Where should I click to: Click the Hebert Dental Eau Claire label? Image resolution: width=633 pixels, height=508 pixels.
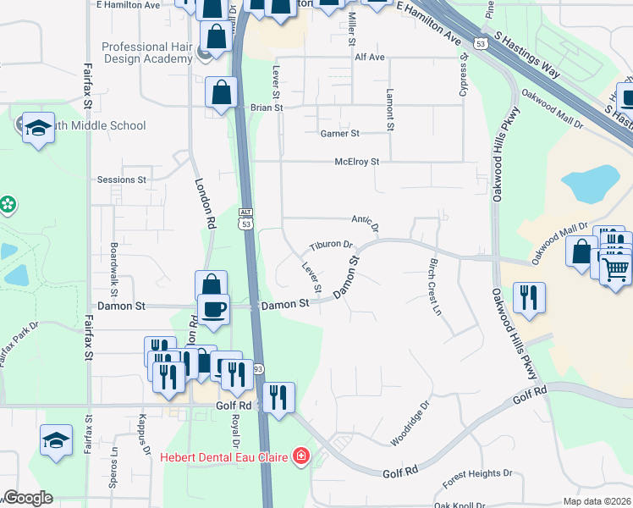click(x=223, y=458)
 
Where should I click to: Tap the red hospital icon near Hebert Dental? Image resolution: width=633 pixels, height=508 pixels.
click(x=300, y=458)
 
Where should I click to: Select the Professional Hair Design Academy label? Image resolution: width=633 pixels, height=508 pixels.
click(x=147, y=52)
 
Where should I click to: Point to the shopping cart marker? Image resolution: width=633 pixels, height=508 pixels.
click(x=618, y=269)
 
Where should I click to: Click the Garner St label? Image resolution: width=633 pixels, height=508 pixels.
click(x=339, y=134)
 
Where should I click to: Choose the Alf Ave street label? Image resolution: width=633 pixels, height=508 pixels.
click(x=370, y=58)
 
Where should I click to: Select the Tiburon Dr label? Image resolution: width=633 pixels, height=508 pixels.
click(x=331, y=245)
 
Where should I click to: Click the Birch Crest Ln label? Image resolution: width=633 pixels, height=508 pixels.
click(x=435, y=287)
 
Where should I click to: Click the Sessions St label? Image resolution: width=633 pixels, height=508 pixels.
click(x=122, y=179)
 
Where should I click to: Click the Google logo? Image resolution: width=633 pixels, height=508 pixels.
click(x=27, y=498)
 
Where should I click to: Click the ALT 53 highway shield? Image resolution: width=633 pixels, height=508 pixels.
click(x=245, y=218)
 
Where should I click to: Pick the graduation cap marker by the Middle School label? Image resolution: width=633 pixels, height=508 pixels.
click(x=37, y=128)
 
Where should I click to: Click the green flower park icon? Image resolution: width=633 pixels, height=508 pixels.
click(x=8, y=205)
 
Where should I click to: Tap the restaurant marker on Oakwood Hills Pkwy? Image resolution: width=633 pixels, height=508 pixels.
click(x=530, y=298)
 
